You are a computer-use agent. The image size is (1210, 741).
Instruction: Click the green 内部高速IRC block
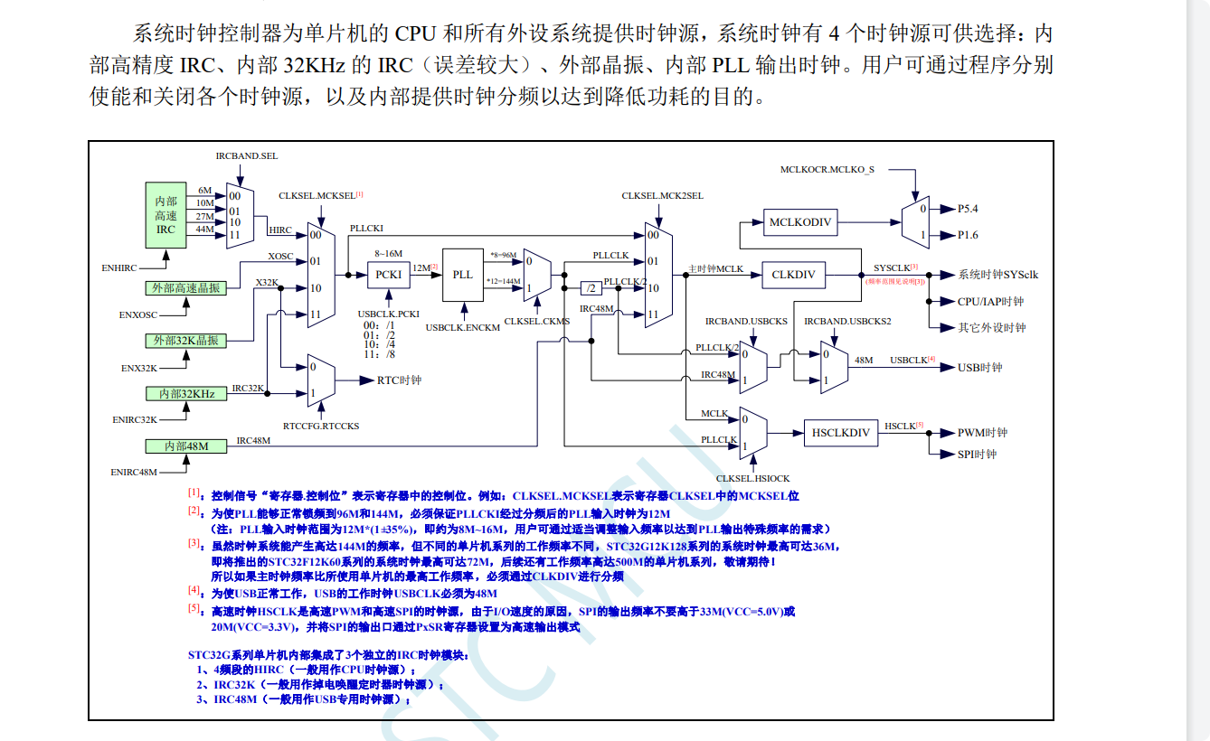165,215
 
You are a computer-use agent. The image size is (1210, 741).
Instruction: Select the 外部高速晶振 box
184,288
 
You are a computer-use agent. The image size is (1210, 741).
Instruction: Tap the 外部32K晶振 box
184,341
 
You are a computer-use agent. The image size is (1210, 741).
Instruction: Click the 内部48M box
186,446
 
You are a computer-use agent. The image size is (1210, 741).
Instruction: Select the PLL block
462,275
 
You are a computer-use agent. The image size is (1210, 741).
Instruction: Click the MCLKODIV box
799,222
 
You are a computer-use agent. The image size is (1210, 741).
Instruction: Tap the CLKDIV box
793,275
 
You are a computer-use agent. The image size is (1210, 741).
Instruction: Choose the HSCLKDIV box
840,433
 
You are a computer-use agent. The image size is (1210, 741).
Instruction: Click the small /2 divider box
591,288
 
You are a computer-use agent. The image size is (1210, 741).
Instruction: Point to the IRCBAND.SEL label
246,155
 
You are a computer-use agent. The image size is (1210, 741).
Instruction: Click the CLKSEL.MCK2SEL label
662,195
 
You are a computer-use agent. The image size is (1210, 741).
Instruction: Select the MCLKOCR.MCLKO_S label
827,169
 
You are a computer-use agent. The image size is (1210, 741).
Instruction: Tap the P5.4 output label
968,209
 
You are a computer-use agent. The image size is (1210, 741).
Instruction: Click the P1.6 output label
968,235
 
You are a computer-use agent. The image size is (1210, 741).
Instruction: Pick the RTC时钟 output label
399,380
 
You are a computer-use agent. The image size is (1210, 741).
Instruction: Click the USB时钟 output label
980,368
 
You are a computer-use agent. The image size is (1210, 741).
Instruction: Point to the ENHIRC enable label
118,268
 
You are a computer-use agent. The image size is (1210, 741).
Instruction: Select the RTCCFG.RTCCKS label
321,426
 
